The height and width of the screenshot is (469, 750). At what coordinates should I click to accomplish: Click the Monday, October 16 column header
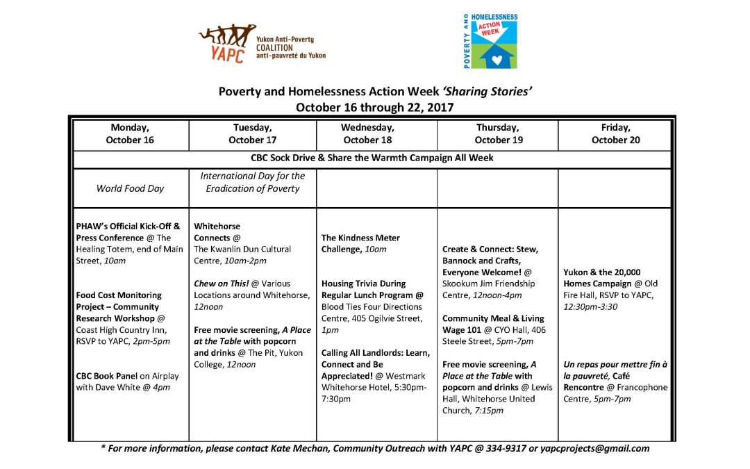[x=130, y=133]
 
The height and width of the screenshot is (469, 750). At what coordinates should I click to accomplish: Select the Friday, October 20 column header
[x=615, y=133]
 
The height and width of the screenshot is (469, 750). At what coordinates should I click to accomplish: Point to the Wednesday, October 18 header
[x=376, y=133]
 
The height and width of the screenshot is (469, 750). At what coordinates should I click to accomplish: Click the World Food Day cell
[x=130, y=188]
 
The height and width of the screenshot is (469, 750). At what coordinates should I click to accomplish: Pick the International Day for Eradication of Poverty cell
[x=253, y=182]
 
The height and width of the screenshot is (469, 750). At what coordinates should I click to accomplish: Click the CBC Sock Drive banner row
[x=372, y=158]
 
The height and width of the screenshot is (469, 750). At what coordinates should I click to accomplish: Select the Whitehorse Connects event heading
[x=217, y=232]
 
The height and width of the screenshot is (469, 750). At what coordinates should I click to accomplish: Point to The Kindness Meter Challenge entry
[x=360, y=243]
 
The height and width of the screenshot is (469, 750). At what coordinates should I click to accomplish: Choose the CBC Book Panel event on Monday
[x=108, y=376]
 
